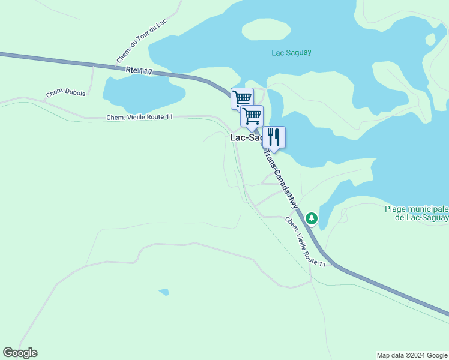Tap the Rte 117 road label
[x=139, y=71]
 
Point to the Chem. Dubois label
[x=65, y=94]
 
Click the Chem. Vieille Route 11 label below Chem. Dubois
[x=140, y=117]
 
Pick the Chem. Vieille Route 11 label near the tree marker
[x=306, y=242]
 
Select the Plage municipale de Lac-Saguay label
[x=416, y=213]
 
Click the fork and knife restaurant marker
[x=274, y=137]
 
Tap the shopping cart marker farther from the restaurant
[x=242, y=98]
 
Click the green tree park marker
[x=311, y=218]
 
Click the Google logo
[x=20, y=353]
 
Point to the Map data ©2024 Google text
[x=412, y=355]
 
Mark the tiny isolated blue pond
[x=164, y=292]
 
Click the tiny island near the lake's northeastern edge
[x=430, y=40]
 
